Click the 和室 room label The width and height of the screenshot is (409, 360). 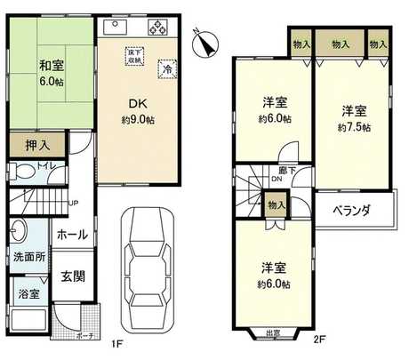[49, 63]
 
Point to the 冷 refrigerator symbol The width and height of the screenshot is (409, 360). [166, 68]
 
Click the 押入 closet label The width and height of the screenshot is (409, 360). [31, 143]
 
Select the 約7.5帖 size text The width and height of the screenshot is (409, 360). [353, 126]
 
